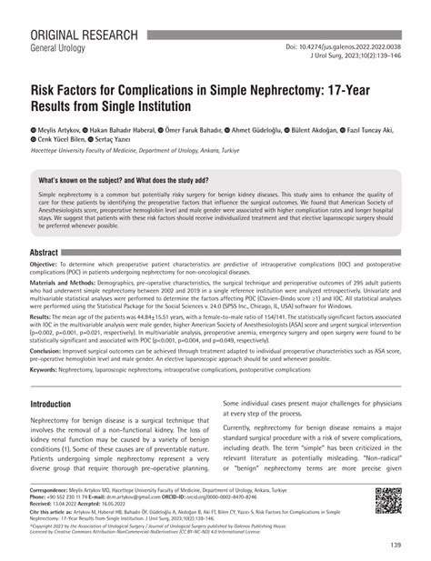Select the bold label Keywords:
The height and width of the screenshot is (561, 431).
pyautogui.click(x=51, y=396)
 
